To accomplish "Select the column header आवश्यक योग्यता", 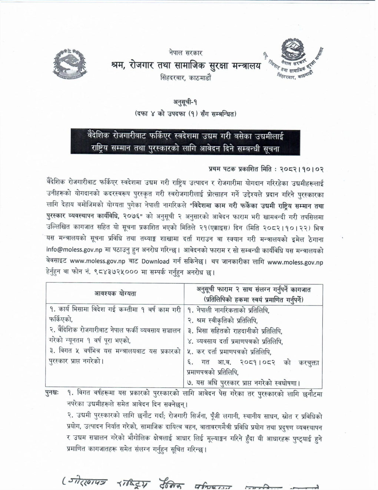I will click(x=115, y=293).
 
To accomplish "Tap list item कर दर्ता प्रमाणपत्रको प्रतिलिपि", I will click(x=233, y=352).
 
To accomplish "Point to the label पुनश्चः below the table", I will click(x=52, y=392).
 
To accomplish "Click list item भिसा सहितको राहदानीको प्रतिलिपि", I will click(x=238, y=330).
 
